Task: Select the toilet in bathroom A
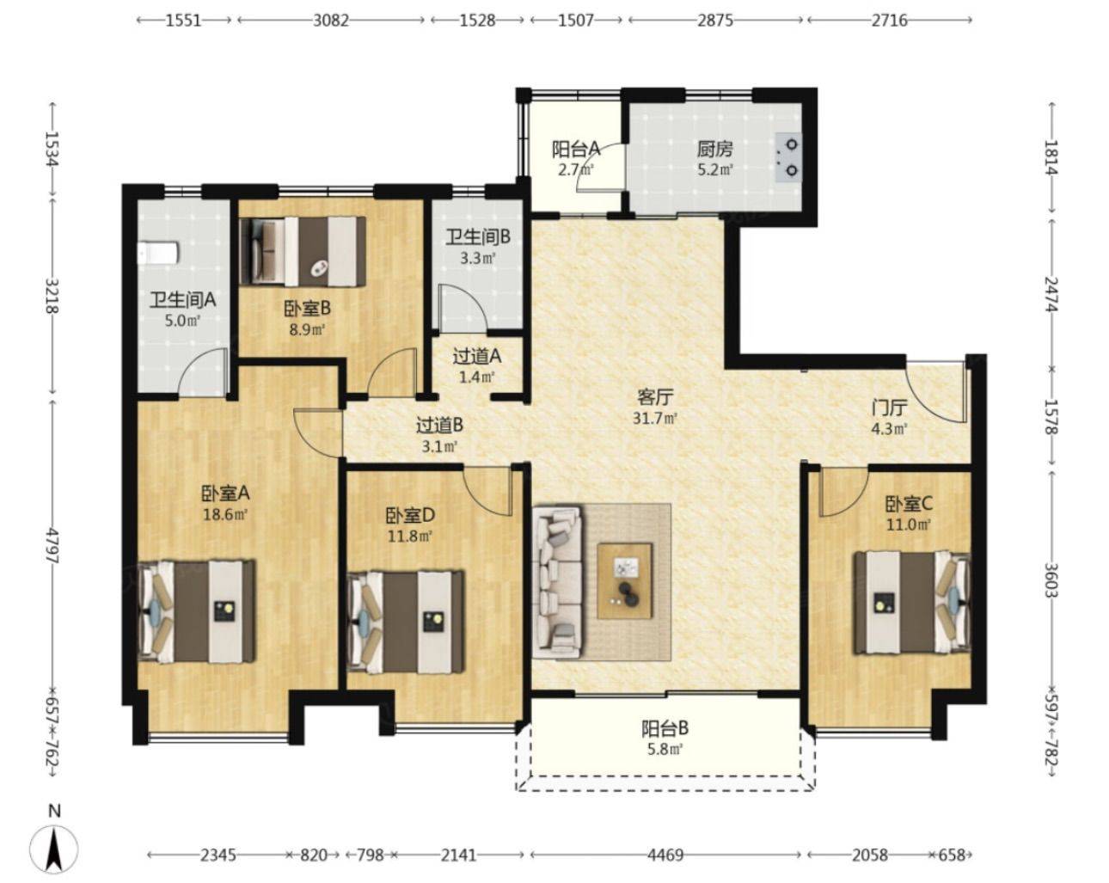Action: coord(158,254)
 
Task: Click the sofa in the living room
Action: coord(559,582)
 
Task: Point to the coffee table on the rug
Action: coord(625,581)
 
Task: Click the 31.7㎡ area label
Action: coord(655,419)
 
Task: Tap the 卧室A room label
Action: coord(225,494)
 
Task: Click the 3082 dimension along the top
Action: coord(330,20)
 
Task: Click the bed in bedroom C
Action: coord(912,603)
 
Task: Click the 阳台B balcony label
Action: coord(665,729)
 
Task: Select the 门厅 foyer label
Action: coord(889,408)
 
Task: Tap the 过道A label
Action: coord(476,356)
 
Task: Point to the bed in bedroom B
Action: coord(303,251)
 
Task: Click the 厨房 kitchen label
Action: coord(714,150)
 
